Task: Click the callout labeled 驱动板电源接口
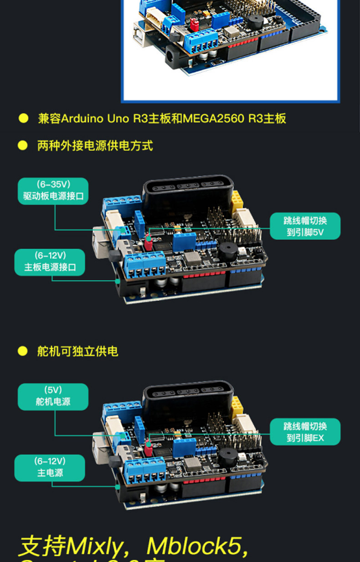pos(53,191)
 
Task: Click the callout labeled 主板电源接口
pos(50,262)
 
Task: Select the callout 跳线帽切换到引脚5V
pos(305,226)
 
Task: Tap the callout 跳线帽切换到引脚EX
pos(305,432)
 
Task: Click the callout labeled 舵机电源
pos(53,396)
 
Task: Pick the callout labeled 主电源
pos(50,468)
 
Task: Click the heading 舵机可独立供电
pos(77,351)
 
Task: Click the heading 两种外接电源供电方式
pos(95,146)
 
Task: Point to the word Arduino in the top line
pos(82,119)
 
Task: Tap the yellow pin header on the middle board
pos(237,200)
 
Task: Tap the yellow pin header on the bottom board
pos(237,405)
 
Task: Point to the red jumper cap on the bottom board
pos(148,449)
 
